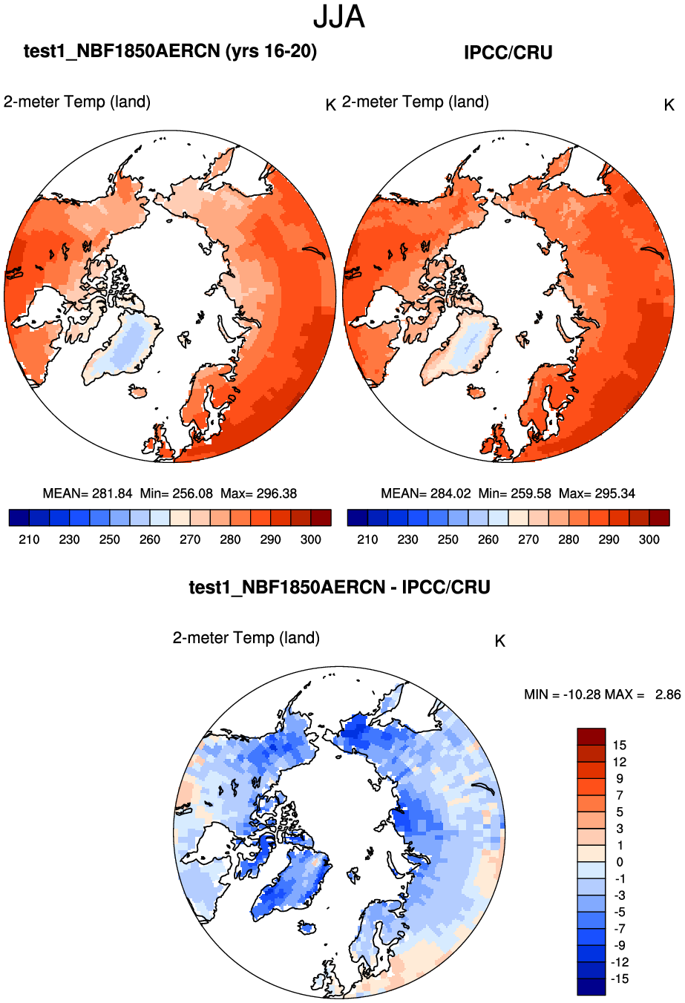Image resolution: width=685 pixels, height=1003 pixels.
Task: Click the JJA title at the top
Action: pyautogui.click(x=339, y=16)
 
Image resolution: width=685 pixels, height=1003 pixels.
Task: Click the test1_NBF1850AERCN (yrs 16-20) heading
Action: pyautogui.click(x=170, y=51)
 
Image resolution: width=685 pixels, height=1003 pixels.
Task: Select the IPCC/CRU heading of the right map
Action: pyautogui.click(x=508, y=53)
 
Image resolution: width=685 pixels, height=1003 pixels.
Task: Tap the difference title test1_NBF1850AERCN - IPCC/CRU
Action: pyautogui.click(x=340, y=588)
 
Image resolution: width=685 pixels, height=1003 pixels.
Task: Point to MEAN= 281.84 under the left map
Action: pyautogui.click(x=88, y=493)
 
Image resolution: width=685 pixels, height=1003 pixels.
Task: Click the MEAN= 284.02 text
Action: pyautogui.click(x=426, y=493)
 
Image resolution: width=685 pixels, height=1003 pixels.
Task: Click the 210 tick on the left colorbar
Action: pyautogui.click(x=29, y=539)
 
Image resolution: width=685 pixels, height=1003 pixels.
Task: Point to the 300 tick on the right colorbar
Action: pyautogui.click(x=649, y=539)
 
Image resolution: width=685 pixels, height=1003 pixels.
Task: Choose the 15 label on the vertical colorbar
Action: pyautogui.click(x=620, y=745)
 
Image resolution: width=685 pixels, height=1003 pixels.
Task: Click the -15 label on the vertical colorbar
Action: pyautogui.click(x=620, y=979)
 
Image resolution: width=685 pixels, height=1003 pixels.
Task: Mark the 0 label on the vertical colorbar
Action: pyautogui.click(x=620, y=862)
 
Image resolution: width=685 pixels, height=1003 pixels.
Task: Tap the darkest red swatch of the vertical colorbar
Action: pyautogui.click(x=591, y=737)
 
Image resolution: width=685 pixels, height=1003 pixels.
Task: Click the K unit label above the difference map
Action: pyautogui.click(x=499, y=641)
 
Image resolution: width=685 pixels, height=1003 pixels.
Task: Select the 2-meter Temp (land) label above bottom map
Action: pyautogui.click(x=246, y=638)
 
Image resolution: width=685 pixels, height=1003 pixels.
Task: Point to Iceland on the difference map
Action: pyautogui.click(x=306, y=927)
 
